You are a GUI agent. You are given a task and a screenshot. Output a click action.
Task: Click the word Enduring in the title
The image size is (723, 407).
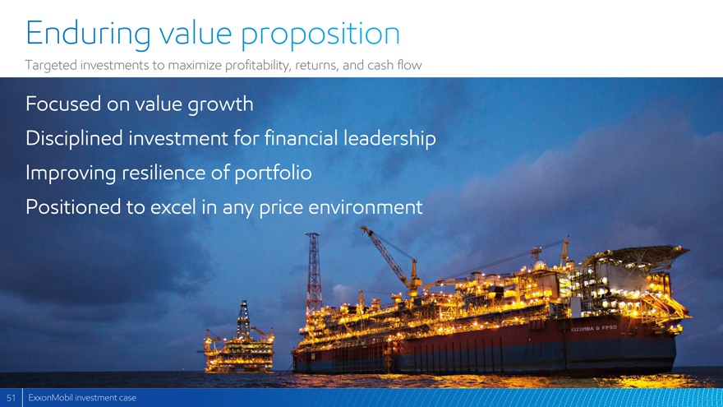(x=88, y=33)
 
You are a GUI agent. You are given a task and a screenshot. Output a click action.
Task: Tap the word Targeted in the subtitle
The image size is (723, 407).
(x=51, y=65)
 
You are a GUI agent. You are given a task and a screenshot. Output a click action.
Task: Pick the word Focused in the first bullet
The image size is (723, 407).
(x=63, y=104)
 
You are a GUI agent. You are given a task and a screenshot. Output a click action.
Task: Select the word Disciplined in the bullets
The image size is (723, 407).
(x=75, y=138)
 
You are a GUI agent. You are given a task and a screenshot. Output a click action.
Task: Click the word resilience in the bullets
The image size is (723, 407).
(x=163, y=172)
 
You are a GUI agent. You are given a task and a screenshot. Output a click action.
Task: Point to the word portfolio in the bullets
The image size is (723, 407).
(x=273, y=173)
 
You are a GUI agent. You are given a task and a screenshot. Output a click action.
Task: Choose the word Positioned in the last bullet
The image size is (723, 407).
(x=74, y=206)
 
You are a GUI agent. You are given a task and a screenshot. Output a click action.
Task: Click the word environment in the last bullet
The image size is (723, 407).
(x=365, y=207)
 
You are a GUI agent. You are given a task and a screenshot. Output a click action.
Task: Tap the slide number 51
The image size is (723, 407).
(x=11, y=398)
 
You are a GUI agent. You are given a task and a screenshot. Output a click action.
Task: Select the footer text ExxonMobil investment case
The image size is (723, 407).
(x=82, y=398)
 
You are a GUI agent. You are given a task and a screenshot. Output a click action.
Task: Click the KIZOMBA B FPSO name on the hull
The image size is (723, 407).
(x=594, y=329)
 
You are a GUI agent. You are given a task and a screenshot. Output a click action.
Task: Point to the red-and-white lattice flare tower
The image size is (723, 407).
(x=314, y=272)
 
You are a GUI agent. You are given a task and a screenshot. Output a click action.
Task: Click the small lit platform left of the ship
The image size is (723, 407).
(x=239, y=340)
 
